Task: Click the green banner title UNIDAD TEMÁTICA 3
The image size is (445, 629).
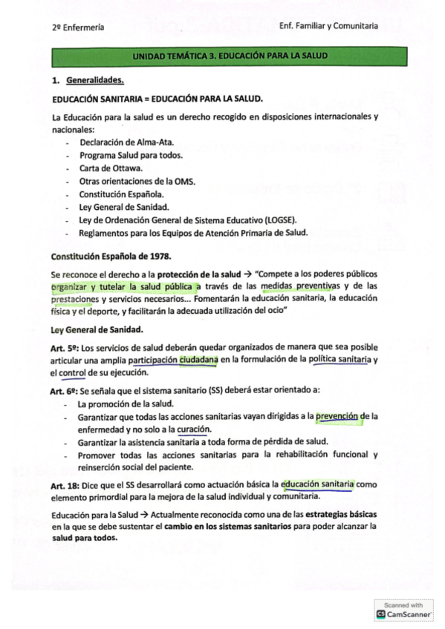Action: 230,56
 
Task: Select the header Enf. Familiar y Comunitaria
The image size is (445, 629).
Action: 328,26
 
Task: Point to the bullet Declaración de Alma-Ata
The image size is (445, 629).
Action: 117,141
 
